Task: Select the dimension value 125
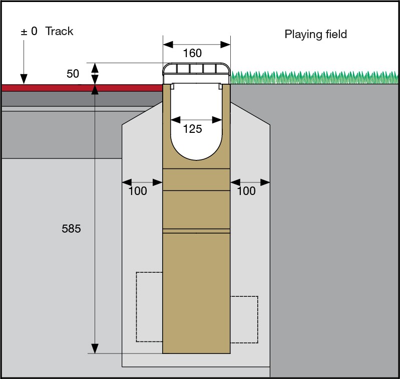click(x=193, y=129)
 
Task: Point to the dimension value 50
click(x=73, y=74)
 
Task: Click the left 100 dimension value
click(x=138, y=191)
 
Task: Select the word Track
click(x=59, y=32)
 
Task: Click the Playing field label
click(x=315, y=35)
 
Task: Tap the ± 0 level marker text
click(x=29, y=32)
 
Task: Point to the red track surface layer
click(x=80, y=88)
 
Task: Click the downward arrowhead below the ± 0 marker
click(x=23, y=79)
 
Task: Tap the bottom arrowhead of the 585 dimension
click(x=95, y=348)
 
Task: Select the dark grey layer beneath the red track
click(x=80, y=98)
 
